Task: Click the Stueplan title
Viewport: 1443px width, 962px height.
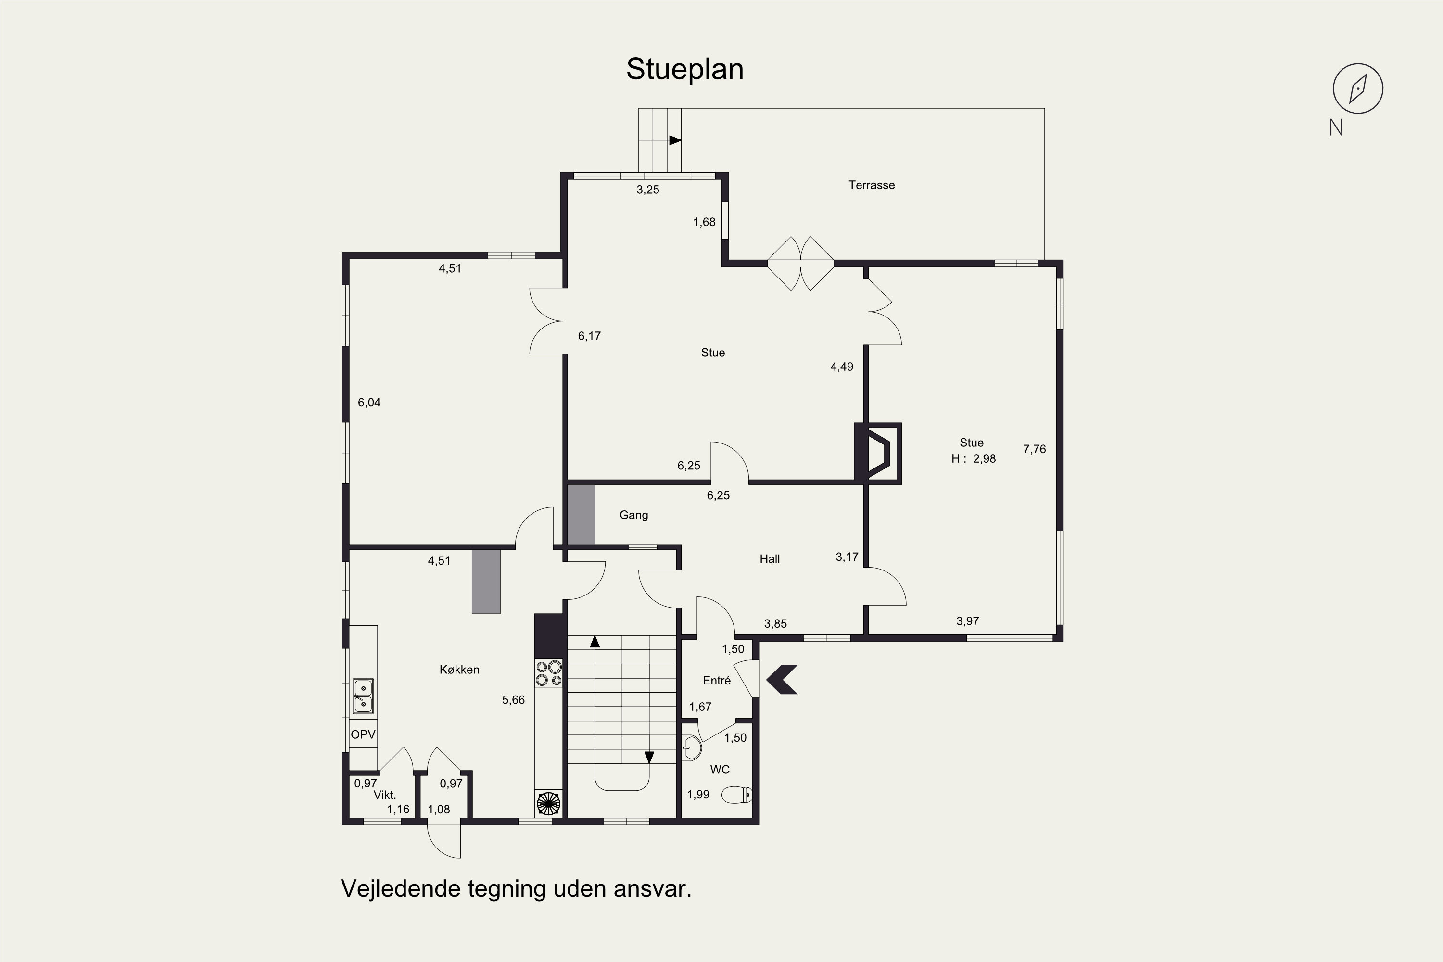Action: tap(684, 69)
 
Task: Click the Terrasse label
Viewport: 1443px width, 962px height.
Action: tap(871, 185)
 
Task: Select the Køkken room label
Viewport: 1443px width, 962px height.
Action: tap(459, 670)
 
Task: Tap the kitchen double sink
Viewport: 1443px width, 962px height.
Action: tap(363, 696)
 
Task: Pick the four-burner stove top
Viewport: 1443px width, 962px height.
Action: tap(548, 672)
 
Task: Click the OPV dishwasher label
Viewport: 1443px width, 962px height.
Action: tap(363, 734)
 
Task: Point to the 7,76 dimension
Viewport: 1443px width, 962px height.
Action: tap(1035, 449)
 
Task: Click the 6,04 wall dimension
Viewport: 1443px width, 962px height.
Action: tap(369, 403)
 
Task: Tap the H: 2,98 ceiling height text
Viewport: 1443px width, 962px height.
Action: tap(974, 459)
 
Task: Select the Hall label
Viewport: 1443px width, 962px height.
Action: tap(769, 559)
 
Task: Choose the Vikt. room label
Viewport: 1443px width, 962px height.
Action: tap(385, 795)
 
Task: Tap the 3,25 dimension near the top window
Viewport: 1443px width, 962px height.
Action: tap(648, 190)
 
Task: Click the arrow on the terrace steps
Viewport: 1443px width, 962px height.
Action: tap(675, 140)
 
